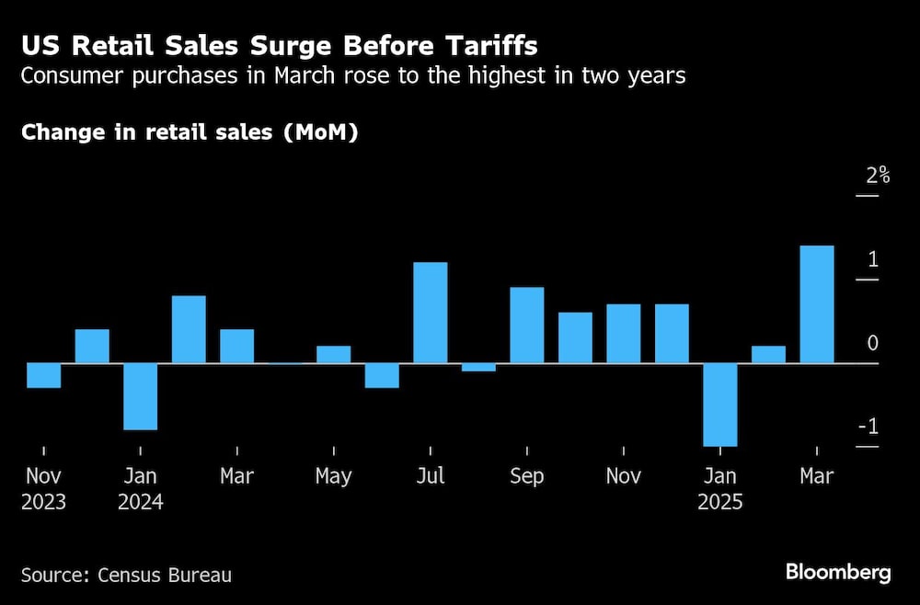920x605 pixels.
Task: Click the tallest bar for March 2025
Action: pos(816,304)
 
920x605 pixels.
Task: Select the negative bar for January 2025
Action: pos(719,405)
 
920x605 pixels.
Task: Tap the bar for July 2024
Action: pos(430,313)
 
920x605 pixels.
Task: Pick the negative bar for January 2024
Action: pos(140,396)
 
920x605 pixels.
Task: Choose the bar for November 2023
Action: pos(43,375)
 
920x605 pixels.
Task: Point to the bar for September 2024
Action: pos(526,325)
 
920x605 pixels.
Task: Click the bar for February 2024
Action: pos(189,329)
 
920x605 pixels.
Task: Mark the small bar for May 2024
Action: pos(333,355)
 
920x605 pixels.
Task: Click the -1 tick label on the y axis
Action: pos(867,428)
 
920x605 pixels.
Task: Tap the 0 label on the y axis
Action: pos(872,344)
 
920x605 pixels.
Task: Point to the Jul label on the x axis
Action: pos(430,476)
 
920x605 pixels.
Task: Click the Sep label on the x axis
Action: pos(526,476)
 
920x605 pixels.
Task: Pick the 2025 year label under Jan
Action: pos(719,503)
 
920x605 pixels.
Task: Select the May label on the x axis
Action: pos(333,476)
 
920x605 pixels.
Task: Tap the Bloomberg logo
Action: pos(838,573)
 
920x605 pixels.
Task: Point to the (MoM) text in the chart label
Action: pos(319,132)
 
